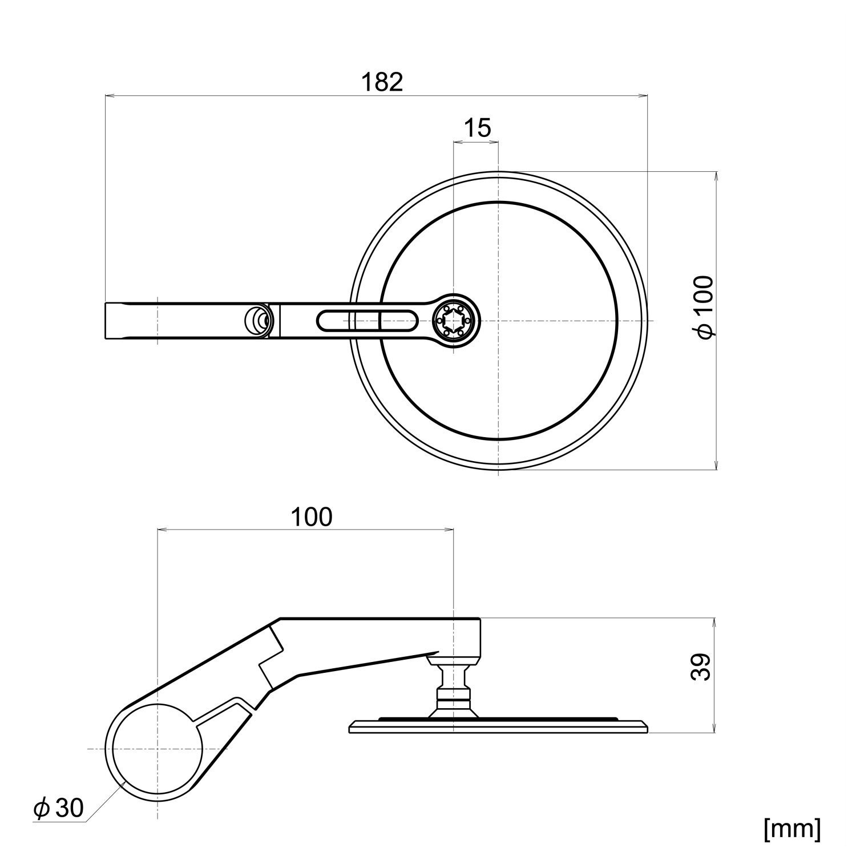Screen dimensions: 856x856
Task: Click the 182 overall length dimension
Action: (x=382, y=82)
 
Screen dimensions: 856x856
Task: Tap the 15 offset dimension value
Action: (x=477, y=128)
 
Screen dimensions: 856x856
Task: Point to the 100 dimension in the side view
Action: (x=311, y=517)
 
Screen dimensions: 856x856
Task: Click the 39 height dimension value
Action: (x=702, y=667)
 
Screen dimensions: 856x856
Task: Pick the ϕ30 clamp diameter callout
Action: (x=58, y=809)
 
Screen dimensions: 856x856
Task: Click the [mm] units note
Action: (x=793, y=829)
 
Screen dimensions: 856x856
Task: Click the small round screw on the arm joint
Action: (x=257, y=321)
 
